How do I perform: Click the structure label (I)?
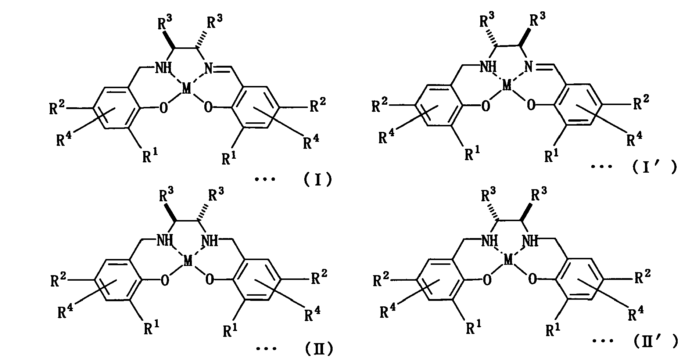[318, 180]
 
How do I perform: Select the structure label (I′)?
[654, 167]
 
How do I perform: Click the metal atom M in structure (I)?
[187, 89]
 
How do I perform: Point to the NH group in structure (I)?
[163, 68]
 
